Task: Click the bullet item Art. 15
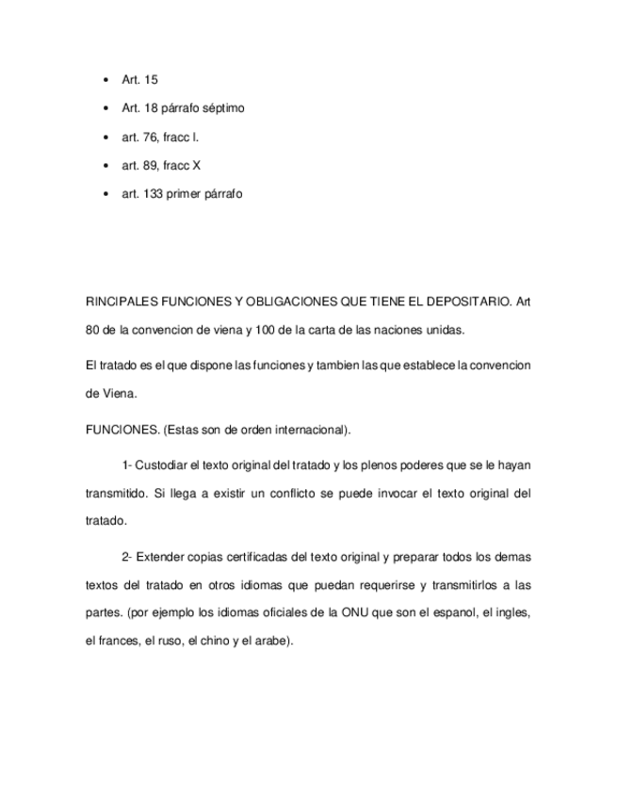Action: [139, 80]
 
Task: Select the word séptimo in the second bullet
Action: [223, 108]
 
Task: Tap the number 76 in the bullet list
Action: [151, 138]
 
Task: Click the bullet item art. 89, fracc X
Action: [161, 166]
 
